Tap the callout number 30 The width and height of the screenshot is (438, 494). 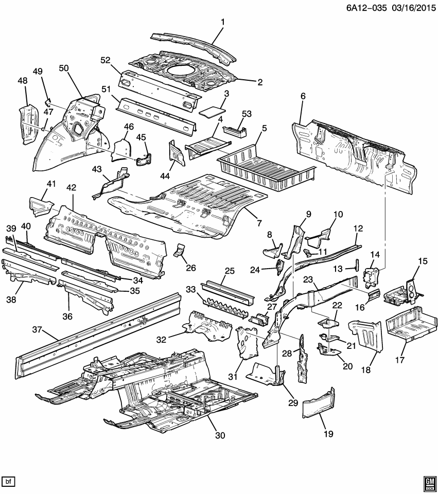(x=220, y=435)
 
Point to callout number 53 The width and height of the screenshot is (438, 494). (x=246, y=113)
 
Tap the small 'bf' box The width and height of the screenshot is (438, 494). (x=8, y=481)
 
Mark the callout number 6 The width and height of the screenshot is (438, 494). (x=303, y=96)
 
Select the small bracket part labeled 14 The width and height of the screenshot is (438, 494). (x=372, y=278)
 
